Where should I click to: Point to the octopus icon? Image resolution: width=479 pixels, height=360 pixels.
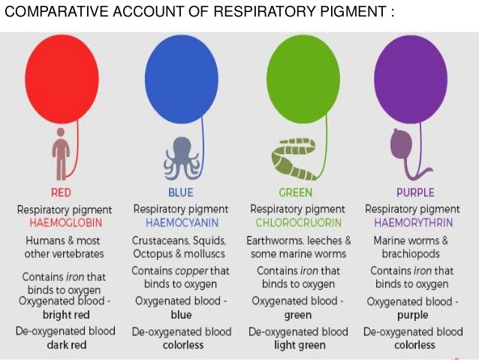(180, 154)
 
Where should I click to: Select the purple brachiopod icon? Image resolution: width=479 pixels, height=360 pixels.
(404, 147)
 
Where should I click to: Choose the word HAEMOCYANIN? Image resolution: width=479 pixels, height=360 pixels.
(179, 223)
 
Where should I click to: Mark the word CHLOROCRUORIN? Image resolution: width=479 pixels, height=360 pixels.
(298, 223)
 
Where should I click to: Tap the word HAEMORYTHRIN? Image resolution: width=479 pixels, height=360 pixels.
(414, 223)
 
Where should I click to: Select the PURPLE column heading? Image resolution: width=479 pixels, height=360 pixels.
(414, 192)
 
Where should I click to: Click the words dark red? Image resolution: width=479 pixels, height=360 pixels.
(65, 345)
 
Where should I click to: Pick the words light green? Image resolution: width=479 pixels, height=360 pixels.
(298, 345)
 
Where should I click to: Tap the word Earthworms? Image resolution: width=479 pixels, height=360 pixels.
(273, 241)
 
